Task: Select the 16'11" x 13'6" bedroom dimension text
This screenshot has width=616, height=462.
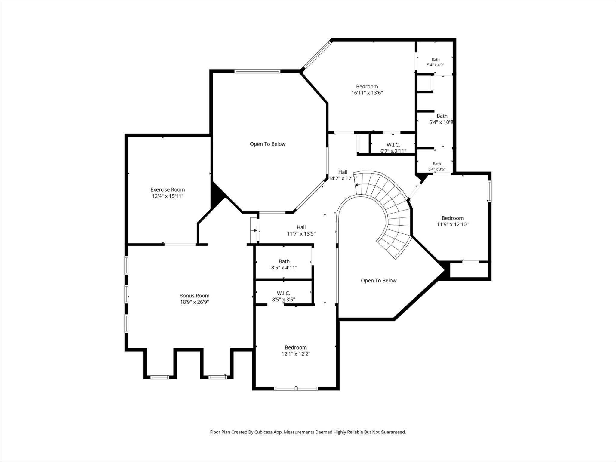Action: click(x=367, y=93)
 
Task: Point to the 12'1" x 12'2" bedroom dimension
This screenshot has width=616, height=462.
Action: click(x=296, y=354)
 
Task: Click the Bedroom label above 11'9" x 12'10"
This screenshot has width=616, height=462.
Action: click(x=452, y=218)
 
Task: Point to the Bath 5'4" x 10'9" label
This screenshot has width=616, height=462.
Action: click(x=442, y=119)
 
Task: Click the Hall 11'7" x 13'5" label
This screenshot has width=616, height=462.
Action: click(x=301, y=230)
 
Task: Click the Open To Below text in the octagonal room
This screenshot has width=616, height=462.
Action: click(x=268, y=144)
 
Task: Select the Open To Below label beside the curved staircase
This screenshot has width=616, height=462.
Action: click(x=379, y=281)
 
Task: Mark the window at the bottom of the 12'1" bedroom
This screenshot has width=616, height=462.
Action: click(x=296, y=388)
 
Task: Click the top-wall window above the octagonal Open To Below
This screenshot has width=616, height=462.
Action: click(x=257, y=71)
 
